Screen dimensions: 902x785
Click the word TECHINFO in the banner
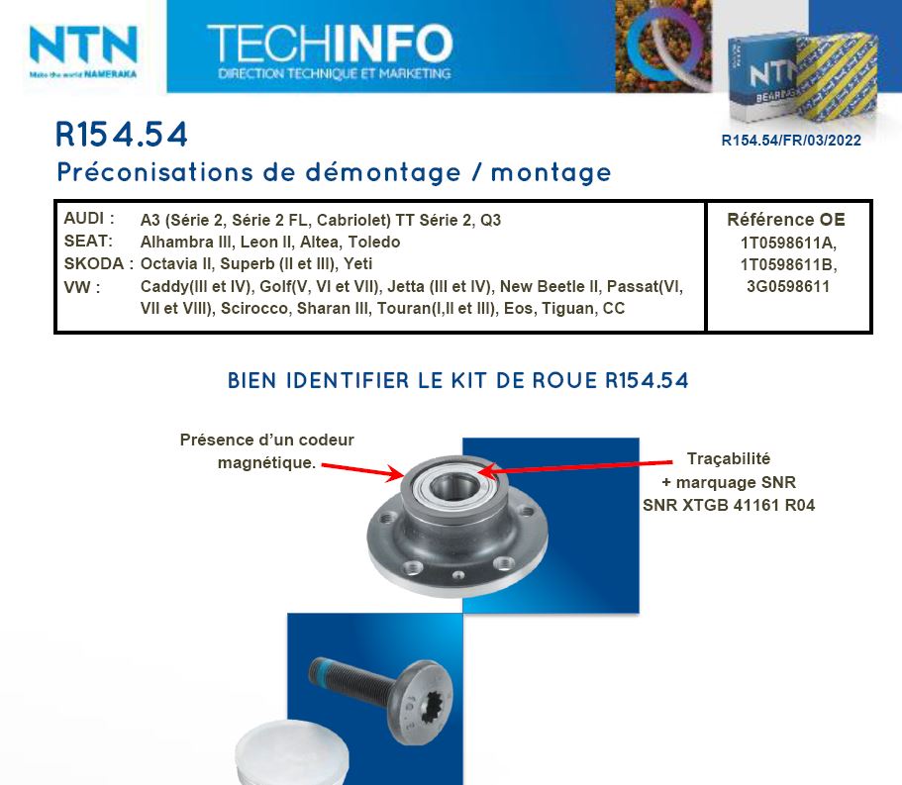[x=330, y=44]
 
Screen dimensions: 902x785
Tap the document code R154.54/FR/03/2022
[x=791, y=141]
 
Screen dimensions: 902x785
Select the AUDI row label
[x=89, y=219]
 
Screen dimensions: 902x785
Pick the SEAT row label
[x=88, y=241]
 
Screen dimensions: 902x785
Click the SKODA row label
[x=98, y=263]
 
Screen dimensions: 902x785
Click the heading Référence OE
[x=786, y=220]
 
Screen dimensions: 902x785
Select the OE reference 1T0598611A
[x=788, y=243]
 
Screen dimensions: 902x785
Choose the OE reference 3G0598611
[x=788, y=286]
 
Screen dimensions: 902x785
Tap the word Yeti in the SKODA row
[x=357, y=263]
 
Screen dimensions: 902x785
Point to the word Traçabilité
[x=729, y=459]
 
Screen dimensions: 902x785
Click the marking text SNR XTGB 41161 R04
[x=729, y=505]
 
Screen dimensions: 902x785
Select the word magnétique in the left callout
[x=264, y=463]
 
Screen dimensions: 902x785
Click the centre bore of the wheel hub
[x=453, y=488]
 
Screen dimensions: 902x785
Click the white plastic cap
[x=292, y=753]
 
